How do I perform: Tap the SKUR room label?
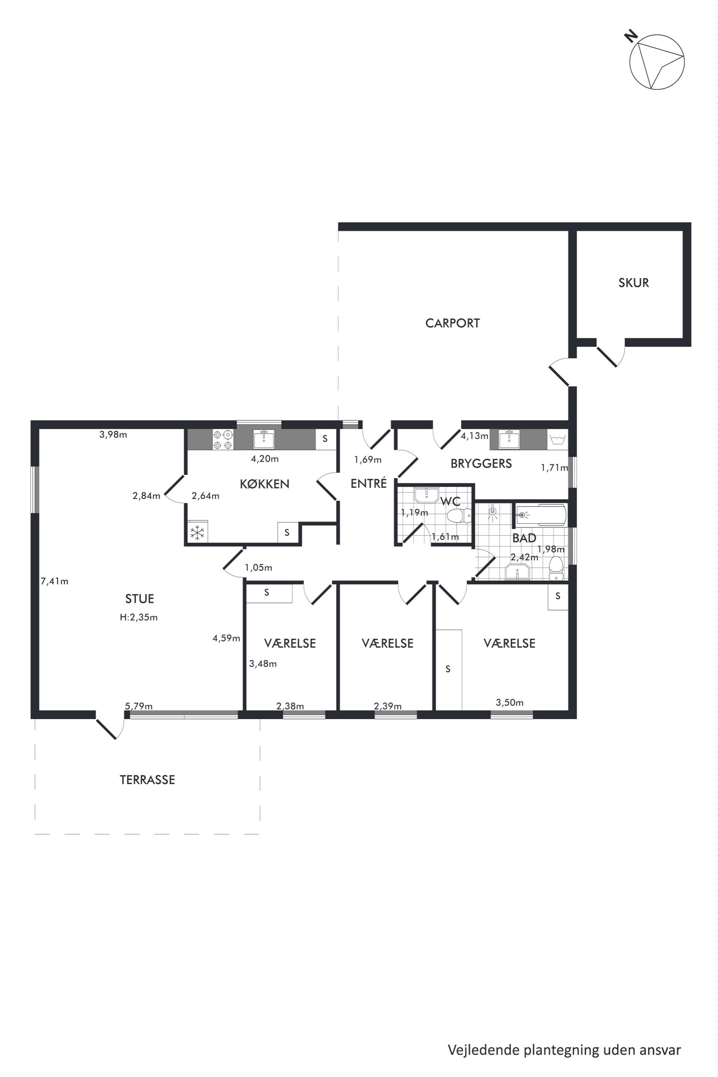coord(634,283)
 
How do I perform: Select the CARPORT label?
coord(452,323)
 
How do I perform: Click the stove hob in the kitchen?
coord(223,440)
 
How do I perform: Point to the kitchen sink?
coord(264,439)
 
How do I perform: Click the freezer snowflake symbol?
coord(197,532)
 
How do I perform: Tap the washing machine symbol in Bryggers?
coord(558,440)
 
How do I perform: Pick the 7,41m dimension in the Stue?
coord(55,582)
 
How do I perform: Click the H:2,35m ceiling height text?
coord(139,617)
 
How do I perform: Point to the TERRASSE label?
coord(147,780)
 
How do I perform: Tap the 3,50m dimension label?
coord(510,702)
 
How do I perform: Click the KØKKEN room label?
coord(265,484)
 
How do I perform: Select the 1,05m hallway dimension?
coord(258,568)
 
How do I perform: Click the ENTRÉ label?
coord(369,483)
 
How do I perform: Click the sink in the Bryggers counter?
coord(509,440)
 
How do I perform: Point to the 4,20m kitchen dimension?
coord(265,459)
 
